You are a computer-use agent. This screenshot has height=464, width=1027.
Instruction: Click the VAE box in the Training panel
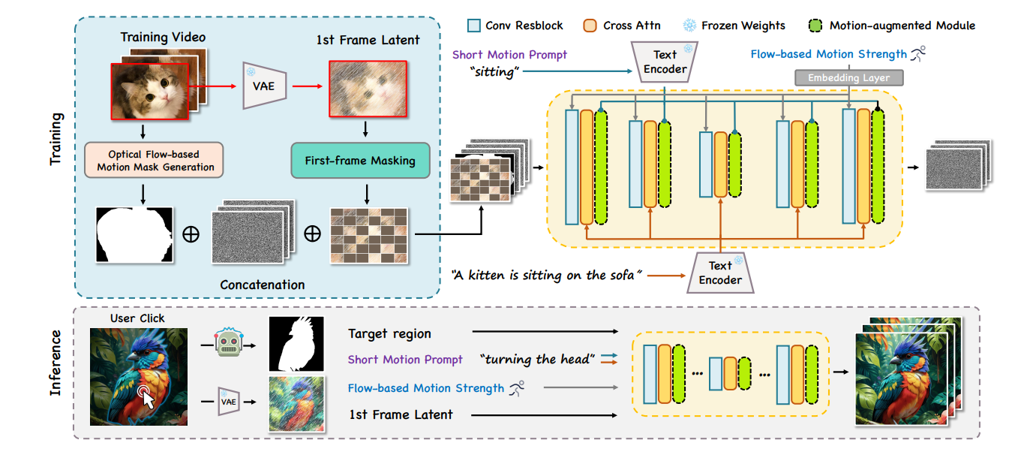coord(263,86)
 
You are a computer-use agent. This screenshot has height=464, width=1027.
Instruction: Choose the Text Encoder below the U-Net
coord(720,273)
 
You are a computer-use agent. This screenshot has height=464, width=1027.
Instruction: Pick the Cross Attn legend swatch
coord(590,26)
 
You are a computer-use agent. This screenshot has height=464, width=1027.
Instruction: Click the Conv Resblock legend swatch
coord(473,26)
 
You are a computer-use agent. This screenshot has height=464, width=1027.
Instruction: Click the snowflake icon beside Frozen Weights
coord(689,26)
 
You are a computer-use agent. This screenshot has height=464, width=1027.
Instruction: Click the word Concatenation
coord(262,285)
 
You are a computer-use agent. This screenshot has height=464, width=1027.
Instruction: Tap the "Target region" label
coord(389,333)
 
